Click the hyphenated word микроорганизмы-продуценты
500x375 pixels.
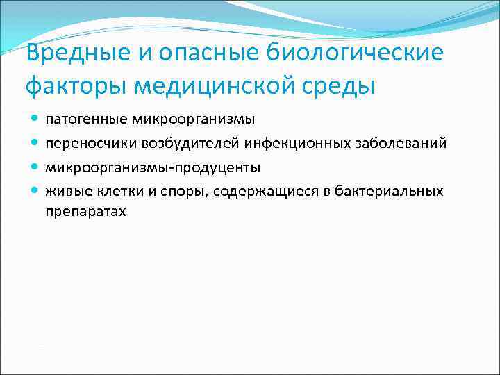153,167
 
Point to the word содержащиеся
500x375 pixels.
258,191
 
